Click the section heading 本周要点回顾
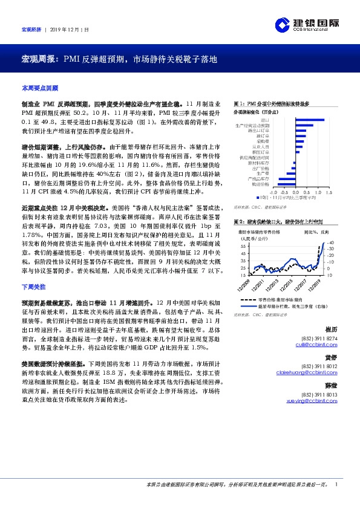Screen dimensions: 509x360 [39, 88]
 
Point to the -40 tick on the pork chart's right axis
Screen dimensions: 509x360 [330, 242]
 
